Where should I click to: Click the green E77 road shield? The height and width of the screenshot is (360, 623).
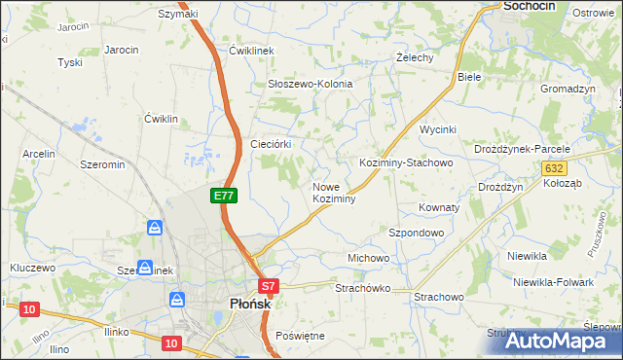click(x=224, y=196)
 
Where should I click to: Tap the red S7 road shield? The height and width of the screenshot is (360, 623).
click(x=270, y=286)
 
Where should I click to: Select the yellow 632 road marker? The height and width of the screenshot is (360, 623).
click(x=554, y=168)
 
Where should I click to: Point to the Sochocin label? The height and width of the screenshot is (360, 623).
click(x=528, y=6)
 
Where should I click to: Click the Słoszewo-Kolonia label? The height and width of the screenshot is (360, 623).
click(x=310, y=84)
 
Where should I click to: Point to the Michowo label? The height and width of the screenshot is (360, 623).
click(x=368, y=258)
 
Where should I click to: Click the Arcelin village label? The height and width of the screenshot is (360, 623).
click(x=39, y=154)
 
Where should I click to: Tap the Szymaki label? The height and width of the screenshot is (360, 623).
click(x=178, y=14)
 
